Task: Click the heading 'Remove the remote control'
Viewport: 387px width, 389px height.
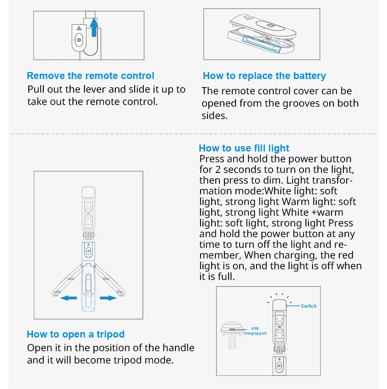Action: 90,76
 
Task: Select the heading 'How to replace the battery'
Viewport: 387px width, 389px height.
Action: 264,76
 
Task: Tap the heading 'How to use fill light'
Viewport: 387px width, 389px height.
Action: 244,148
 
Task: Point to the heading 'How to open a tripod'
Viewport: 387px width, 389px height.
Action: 75,334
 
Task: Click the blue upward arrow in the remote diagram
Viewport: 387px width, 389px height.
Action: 95,28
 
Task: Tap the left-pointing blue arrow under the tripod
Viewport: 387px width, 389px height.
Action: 68,298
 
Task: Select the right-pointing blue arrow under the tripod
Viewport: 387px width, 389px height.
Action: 108,298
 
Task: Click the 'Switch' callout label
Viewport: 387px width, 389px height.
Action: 308,306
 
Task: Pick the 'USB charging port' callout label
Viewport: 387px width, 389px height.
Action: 254,331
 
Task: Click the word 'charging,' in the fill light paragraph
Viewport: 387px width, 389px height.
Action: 301,255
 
